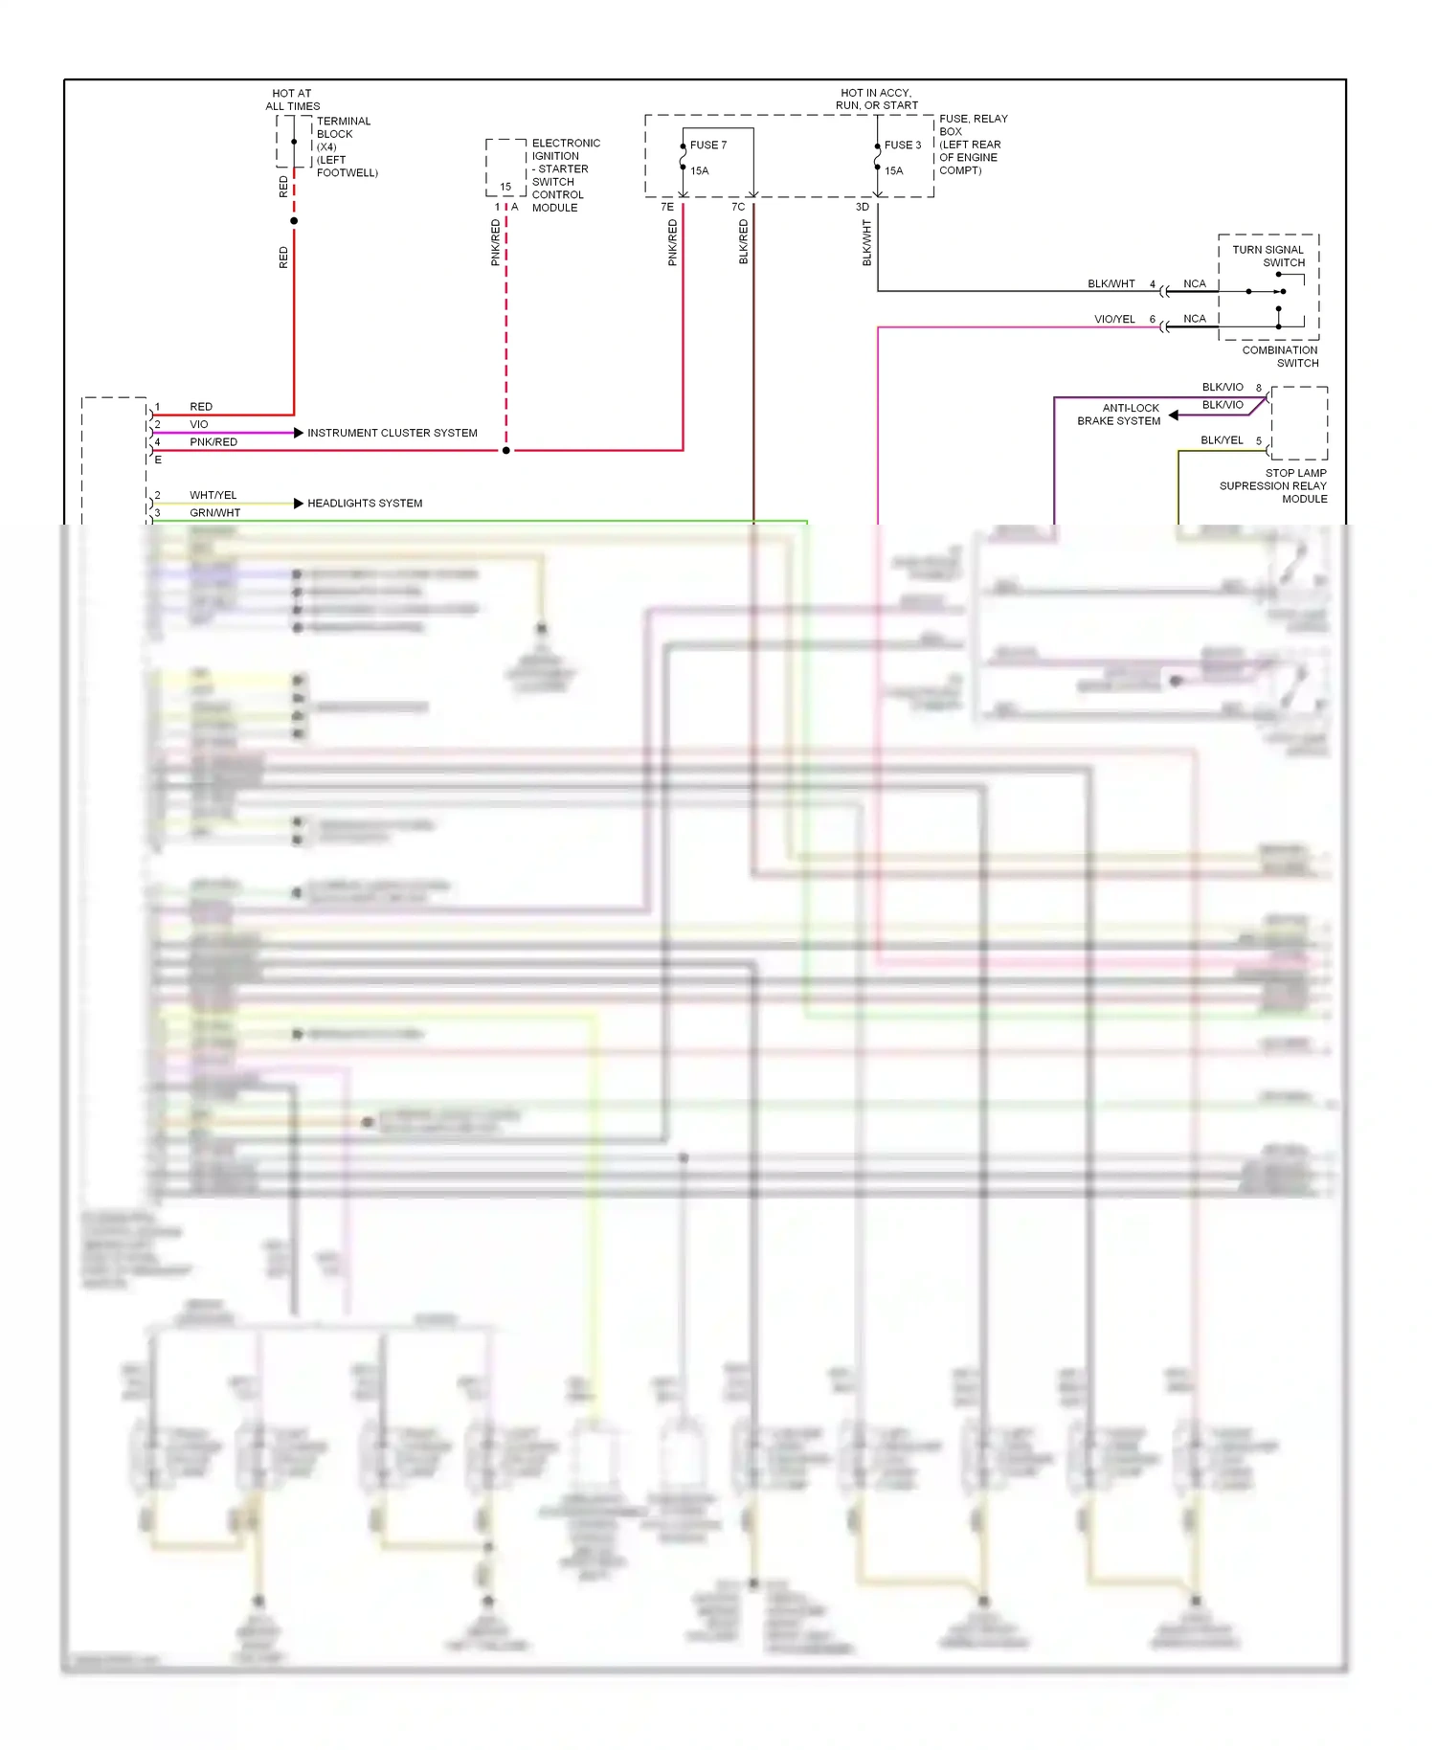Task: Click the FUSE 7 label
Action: pyautogui.click(x=707, y=146)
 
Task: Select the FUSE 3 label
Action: pyautogui.click(x=902, y=146)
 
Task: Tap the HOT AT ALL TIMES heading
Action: pyautogui.click(x=292, y=101)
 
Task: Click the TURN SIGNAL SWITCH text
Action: pyautogui.click(x=1268, y=256)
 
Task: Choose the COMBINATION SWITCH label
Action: pyautogui.click(x=1280, y=356)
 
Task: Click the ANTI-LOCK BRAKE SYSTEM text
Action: pyautogui.click(x=1119, y=415)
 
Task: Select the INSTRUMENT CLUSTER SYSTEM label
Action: pyautogui.click(x=392, y=433)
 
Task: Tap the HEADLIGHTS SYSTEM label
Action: pyautogui.click(x=364, y=503)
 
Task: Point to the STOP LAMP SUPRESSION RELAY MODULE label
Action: pyautogui.click(x=1274, y=485)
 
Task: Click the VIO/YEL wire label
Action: pyautogui.click(x=1114, y=319)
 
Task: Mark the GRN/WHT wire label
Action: pyautogui.click(x=214, y=512)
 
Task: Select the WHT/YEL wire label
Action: pyautogui.click(x=213, y=495)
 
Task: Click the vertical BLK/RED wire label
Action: pyautogui.click(x=744, y=242)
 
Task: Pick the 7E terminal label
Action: pyautogui.click(x=667, y=207)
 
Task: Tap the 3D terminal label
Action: pyautogui.click(x=862, y=207)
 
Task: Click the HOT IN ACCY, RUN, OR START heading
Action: pyautogui.click(x=876, y=100)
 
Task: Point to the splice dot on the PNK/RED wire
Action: pyautogui.click(x=506, y=450)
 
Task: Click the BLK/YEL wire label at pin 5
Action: pyautogui.click(x=1222, y=440)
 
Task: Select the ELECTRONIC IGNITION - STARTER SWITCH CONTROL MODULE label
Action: pyautogui.click(x=564, y=175)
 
